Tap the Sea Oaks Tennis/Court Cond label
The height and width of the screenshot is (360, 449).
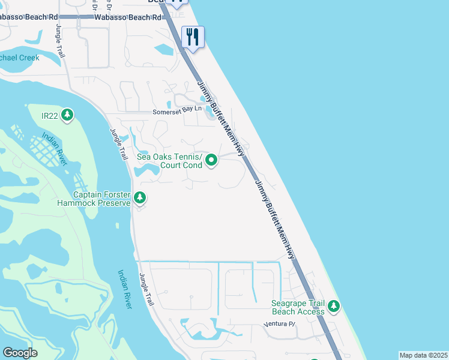170,160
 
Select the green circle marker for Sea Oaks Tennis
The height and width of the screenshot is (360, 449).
211,160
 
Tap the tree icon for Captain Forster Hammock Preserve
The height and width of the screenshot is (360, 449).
140,197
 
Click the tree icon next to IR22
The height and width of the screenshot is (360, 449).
67,114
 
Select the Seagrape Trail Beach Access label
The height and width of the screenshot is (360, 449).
298,307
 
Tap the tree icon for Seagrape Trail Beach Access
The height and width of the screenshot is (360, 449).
334,307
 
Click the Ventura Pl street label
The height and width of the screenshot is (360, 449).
280,325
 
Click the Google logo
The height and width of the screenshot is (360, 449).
20,353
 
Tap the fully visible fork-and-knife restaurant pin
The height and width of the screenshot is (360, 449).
193,37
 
